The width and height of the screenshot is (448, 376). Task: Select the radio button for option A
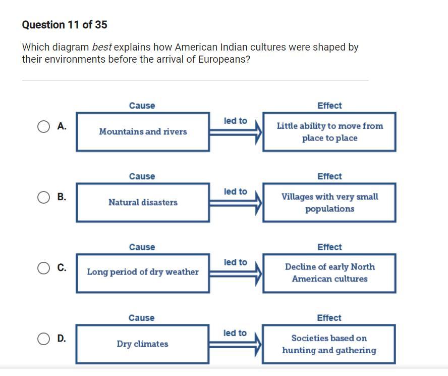[x=43, y=126]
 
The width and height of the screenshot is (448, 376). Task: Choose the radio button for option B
[x=43, y=197]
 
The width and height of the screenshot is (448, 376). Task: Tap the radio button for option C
[x=43, y=268]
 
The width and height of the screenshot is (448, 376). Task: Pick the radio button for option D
[x=43, y=339]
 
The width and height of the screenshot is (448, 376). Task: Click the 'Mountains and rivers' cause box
[x=143, y=132]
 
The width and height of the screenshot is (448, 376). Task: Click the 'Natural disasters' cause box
[x=143, y=203]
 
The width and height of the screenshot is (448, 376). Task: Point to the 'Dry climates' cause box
[x=142, y=344]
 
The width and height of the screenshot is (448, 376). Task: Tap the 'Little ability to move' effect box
[x=329, y=132]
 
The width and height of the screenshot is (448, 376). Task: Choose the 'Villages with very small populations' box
[x=329, y=203]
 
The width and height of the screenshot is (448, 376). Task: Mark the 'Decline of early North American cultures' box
[x=329, y=273]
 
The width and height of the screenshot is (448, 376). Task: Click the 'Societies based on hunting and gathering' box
[x=329, y=344]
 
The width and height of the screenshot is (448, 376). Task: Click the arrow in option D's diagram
[x=235, y=344]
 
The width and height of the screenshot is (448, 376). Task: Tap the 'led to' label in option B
[x=236, y=192]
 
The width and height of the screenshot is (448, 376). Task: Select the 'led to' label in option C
[x=236, y=262]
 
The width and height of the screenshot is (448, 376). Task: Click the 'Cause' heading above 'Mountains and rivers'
[x=142, y=106]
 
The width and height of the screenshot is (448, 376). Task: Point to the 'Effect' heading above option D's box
[x=329, y=318]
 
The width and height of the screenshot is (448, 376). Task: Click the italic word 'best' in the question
[x=102, y=47]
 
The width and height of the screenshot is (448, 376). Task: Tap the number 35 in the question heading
[x=101, y=25]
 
